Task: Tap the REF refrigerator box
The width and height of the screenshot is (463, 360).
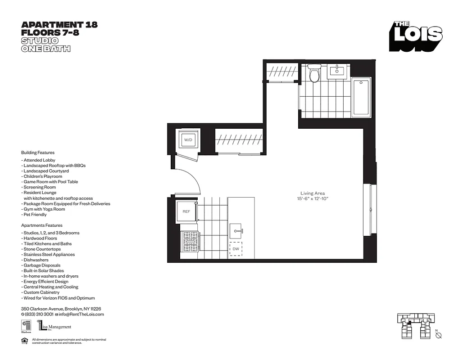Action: click(x=186, y=211)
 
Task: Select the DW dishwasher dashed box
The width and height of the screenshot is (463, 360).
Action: click(x=236, y=248)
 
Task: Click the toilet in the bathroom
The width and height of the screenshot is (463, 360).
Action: click(x=314, y=73)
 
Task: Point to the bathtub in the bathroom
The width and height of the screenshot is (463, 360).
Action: click(x=361, y=97)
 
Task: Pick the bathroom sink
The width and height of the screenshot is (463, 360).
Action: click(x=336, y=71)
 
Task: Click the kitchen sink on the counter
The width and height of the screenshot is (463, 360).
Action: click(x=236, y=232)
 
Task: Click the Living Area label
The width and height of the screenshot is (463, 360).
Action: click(x=313, y=193)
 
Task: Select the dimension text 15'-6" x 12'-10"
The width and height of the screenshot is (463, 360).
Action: click(x=313, y=199)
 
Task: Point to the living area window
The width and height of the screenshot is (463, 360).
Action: click(x=369, y=209)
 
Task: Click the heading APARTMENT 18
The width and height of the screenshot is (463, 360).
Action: click(x=59, y=25)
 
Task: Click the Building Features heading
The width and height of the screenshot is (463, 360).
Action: click(x=38, y=153)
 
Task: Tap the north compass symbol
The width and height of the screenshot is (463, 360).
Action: click(x=438, y=335)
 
